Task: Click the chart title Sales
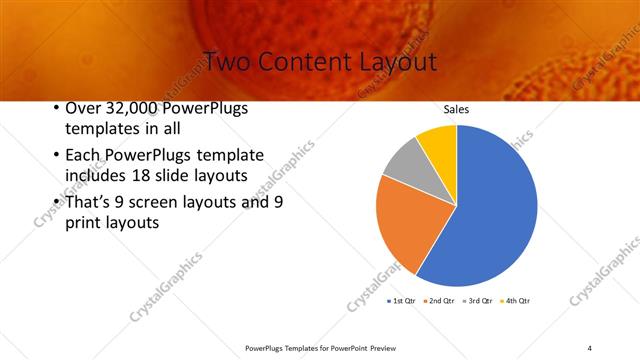(456, 110)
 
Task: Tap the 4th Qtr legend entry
(515, 300)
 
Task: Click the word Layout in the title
(395, 61)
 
